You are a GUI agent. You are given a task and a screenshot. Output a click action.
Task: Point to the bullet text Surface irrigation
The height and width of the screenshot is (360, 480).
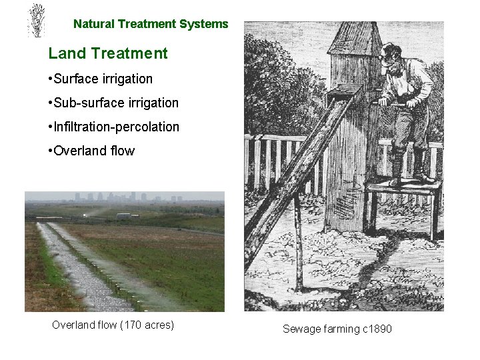(x=104, y=79)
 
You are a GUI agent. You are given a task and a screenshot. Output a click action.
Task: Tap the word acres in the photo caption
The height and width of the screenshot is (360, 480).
(x=155, y=325)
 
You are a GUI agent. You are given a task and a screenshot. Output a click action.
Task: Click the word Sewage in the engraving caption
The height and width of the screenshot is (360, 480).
(x=300, y=329)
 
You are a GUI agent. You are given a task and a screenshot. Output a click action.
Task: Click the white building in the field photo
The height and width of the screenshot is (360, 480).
(x=126, y=215)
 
